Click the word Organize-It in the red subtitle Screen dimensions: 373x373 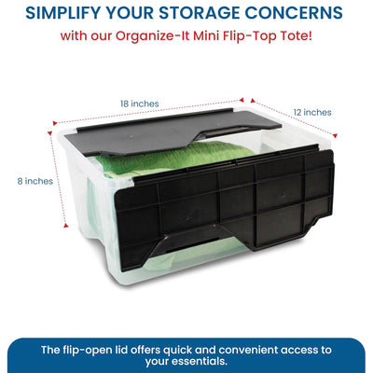pyautogui.click(x=153, y=36)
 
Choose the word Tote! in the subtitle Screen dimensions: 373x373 pyautogui.click(x=297, y=36)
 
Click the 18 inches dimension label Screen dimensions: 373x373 pyautogui.click(x=140, y=104)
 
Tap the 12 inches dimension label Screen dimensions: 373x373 pyautogui.click(x=312, y=112)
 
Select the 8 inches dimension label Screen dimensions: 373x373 pyautogui.click(x=35, y=181)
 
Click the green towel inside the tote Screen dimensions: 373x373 pyautogui.click(x=174, y=159)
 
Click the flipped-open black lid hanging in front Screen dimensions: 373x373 pyautogui.click(x=224, y=205)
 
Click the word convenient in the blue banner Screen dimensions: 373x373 pyautogui.click(x=248, y=350)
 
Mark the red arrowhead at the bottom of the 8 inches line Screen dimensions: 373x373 pyautogui.click(x=65, y=226)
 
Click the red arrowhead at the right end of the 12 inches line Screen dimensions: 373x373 pyautogui.click(x=335, y=135)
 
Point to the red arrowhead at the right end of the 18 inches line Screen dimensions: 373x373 pyautogui.click(x=242, y=100)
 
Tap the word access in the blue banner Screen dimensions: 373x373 pyautogui.click(x=300, y=351)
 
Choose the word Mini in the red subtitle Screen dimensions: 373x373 pyautogui.click(x=206, y=36)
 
